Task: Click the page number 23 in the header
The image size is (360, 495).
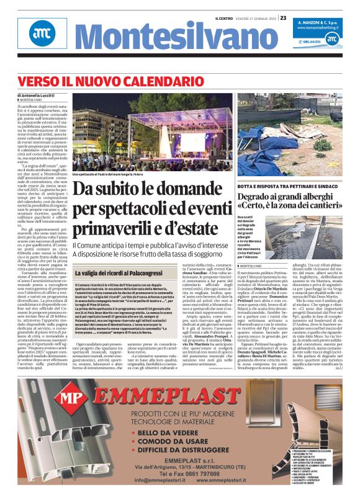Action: [283, 18]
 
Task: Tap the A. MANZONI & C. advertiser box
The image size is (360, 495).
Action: [324, 24]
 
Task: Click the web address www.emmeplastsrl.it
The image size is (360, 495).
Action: [232, 479]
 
